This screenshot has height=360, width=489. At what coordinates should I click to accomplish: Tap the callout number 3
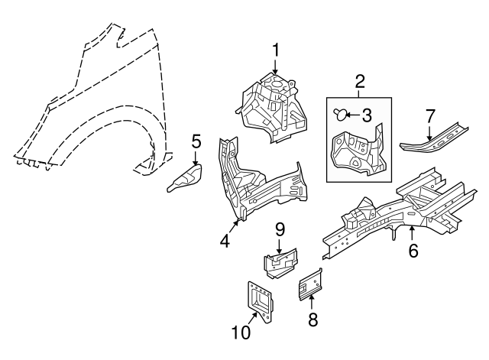[x=367, y=115]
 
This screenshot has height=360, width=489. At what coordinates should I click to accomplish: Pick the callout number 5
[x=196, y=141]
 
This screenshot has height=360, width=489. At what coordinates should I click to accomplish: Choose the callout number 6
[x=413, y=251]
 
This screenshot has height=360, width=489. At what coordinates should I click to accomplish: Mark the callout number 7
[x=430, y=116]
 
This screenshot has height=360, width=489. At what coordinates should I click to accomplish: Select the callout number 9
[x=280, y=228]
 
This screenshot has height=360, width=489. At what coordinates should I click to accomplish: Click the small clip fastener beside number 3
[x=339, y=115]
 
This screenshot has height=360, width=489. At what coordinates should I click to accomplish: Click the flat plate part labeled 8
[x=310, y=284]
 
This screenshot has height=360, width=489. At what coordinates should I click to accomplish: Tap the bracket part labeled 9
[x=280, y=264]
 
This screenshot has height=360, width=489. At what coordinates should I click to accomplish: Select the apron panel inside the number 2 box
[x=356, y=151]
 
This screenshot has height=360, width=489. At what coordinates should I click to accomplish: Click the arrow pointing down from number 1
[x=275, y=70]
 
